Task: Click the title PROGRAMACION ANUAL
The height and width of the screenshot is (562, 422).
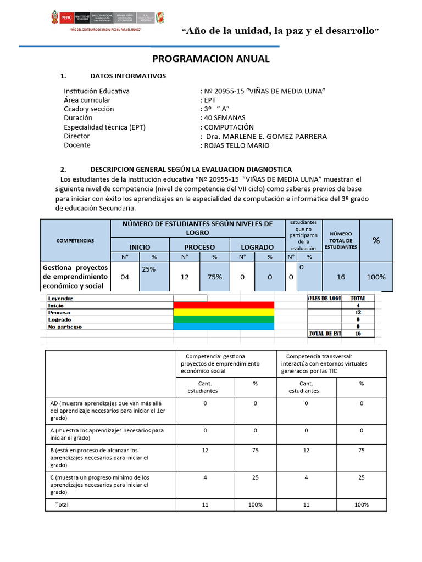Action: click(210, 59)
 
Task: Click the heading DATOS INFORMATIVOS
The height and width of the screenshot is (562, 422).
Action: click(127, 76)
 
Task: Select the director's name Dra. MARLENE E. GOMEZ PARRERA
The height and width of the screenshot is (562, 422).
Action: click(265, 136)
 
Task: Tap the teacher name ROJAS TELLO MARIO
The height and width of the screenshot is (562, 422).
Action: click(237, 145)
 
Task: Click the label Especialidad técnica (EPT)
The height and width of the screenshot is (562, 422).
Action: click(104, 127)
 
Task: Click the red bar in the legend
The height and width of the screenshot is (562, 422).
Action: click(223, 305)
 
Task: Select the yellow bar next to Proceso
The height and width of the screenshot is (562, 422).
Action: click(223, 312)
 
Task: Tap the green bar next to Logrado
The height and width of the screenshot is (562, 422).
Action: click(223, 319)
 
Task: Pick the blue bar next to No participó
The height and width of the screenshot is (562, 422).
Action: click(223, 327)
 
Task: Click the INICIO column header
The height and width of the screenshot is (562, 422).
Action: click(139, 247)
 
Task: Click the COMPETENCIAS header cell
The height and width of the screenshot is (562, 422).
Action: click(75, 240)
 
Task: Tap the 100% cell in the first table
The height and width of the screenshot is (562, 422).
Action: click(376, 277)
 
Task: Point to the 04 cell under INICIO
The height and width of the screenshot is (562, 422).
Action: click(125, 277)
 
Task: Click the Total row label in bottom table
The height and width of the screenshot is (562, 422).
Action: click(62, 504)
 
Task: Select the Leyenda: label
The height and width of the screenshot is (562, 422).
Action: click(61, 299)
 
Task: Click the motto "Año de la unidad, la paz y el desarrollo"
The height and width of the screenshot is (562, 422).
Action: click(280, 31)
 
